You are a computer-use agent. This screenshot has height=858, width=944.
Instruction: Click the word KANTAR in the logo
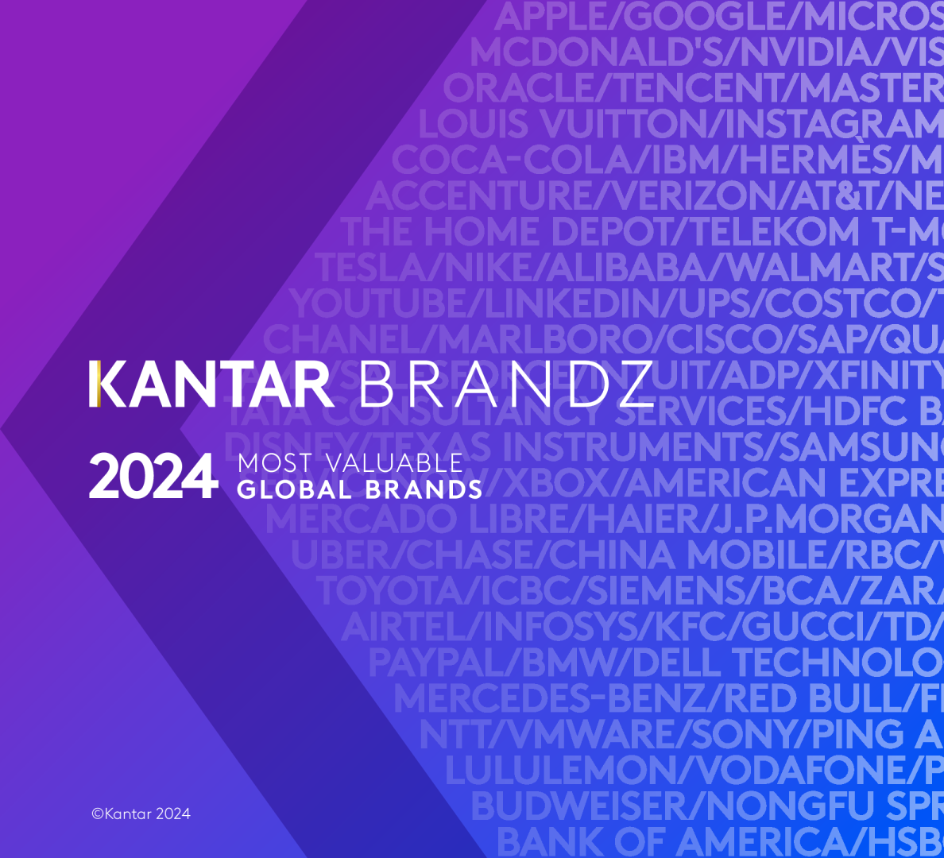(211, 385)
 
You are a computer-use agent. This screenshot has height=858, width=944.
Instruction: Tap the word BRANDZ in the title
(506, 385)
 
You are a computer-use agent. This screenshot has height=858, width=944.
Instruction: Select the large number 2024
(153, 477)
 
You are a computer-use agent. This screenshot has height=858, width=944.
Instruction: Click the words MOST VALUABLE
(350, 462)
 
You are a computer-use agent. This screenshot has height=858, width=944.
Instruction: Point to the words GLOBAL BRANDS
(359, 489)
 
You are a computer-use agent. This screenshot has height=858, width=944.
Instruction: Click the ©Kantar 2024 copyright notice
(141, 814)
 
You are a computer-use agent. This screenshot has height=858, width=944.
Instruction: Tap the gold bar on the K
(94, 385)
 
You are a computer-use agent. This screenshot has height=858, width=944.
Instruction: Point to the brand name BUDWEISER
(580, 805)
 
